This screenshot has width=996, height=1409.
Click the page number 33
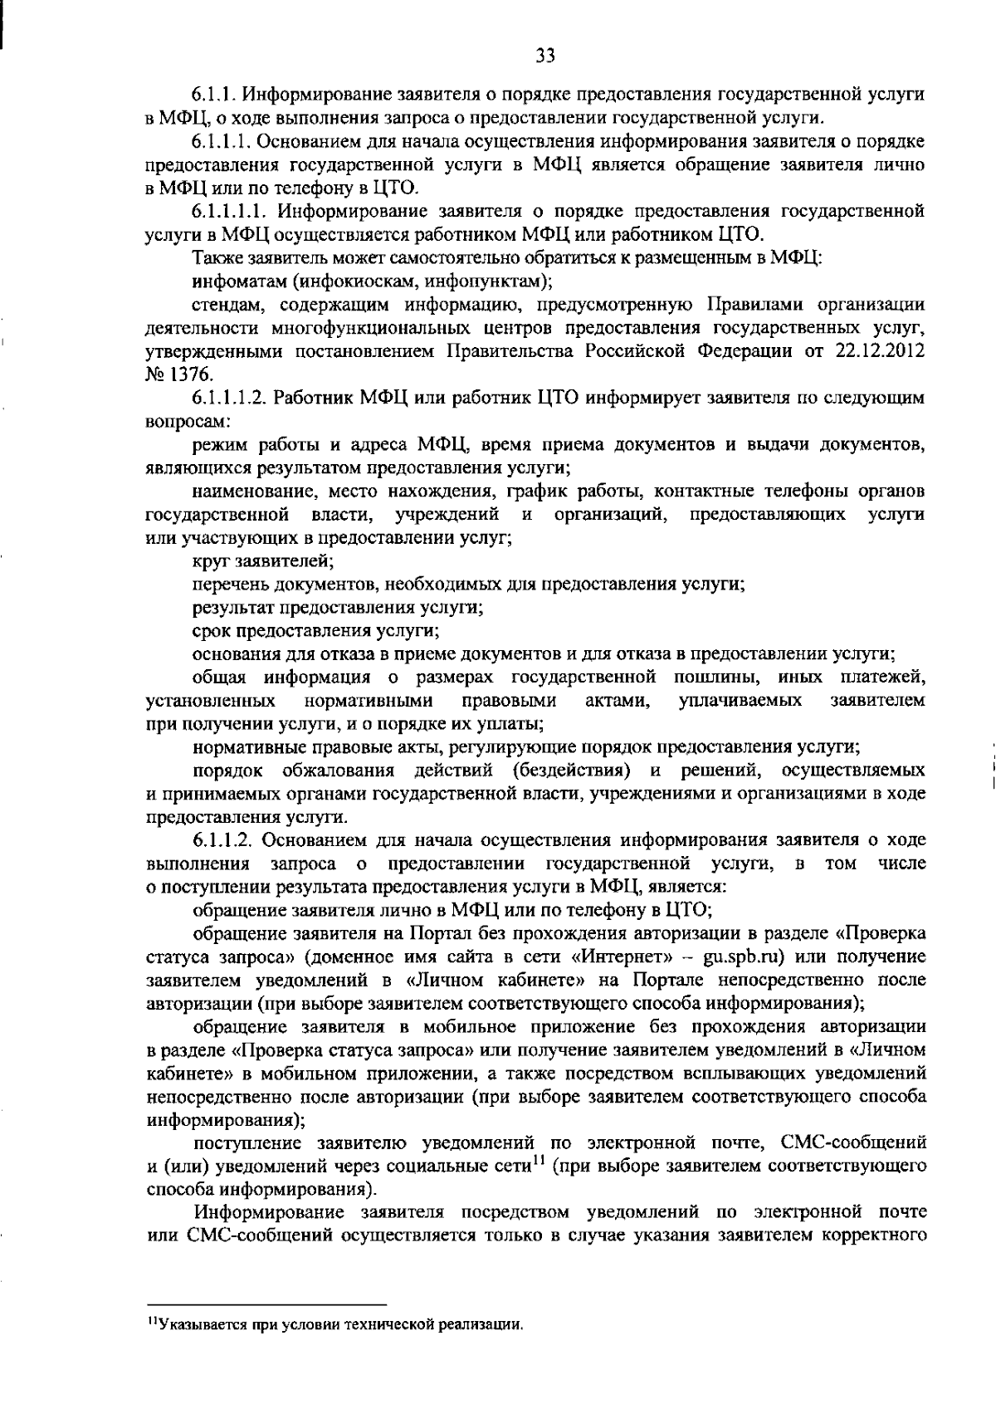coord(544,56)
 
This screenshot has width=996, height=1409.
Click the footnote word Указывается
coord(194,1323)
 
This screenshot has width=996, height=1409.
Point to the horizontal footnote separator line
coord(266,1305)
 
